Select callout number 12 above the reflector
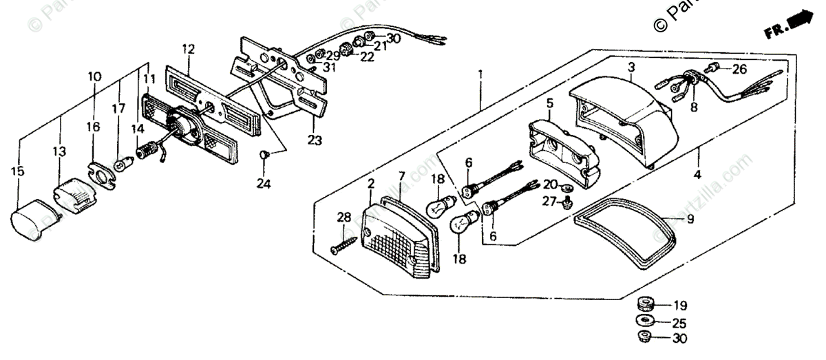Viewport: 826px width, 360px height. point(189,49)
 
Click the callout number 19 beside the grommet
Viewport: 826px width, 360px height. point(680,305)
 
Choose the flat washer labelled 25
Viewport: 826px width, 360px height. point(646,321)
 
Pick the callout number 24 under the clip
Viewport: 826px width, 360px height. point(264,184)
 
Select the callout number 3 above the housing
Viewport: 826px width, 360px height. point(631,67)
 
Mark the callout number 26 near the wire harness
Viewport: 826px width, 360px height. point(739,69)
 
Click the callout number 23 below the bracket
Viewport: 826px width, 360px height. point(315,140)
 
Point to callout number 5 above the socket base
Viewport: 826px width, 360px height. point(550,103)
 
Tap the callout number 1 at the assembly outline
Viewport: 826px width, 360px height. point(480,74)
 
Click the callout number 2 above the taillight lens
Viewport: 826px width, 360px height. point(370,184)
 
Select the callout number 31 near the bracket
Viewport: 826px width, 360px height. point(331,67)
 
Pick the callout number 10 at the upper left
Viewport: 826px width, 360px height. point(94,76)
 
